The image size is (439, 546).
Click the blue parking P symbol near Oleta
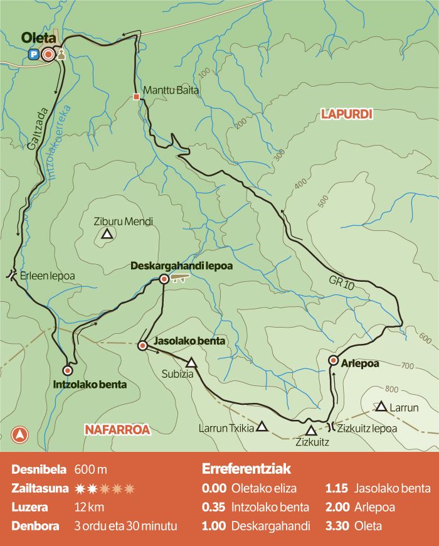coord(33,55)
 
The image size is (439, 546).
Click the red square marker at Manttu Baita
coord(136,97)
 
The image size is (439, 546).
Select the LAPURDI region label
coord(346,114)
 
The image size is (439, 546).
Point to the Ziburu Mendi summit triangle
coord(107,235)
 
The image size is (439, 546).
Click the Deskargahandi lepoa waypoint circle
coord(164,279)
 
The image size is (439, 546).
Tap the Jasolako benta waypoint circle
coord(142,345)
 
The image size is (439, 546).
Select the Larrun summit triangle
coord(381,407)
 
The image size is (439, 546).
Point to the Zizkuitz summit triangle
coord(311,431)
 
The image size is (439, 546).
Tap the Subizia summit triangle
coord(191,363)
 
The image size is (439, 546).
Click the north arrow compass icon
coord(21,434)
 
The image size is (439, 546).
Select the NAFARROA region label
coord(117,429)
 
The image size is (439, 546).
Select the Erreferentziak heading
coord(246,469)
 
